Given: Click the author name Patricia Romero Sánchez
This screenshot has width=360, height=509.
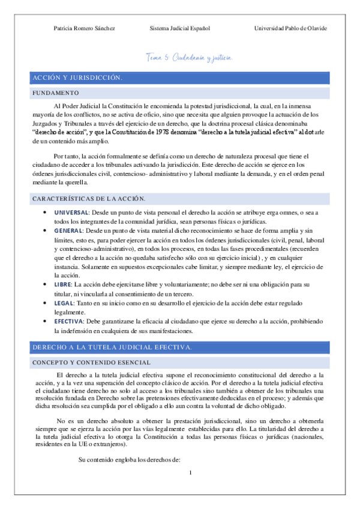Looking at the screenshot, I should [x=85, y=28].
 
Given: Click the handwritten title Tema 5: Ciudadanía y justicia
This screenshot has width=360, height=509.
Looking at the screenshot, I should [x=189, y=58].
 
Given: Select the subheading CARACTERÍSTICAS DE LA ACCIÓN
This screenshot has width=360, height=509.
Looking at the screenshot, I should [x=89, y=199].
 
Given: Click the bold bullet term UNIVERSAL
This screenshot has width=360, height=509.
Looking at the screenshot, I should [x=71, y=213].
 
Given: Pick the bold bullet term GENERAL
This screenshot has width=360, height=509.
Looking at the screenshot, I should [x=68, y=230].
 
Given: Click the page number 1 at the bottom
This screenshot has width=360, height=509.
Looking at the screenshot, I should [x=190, y=474].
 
